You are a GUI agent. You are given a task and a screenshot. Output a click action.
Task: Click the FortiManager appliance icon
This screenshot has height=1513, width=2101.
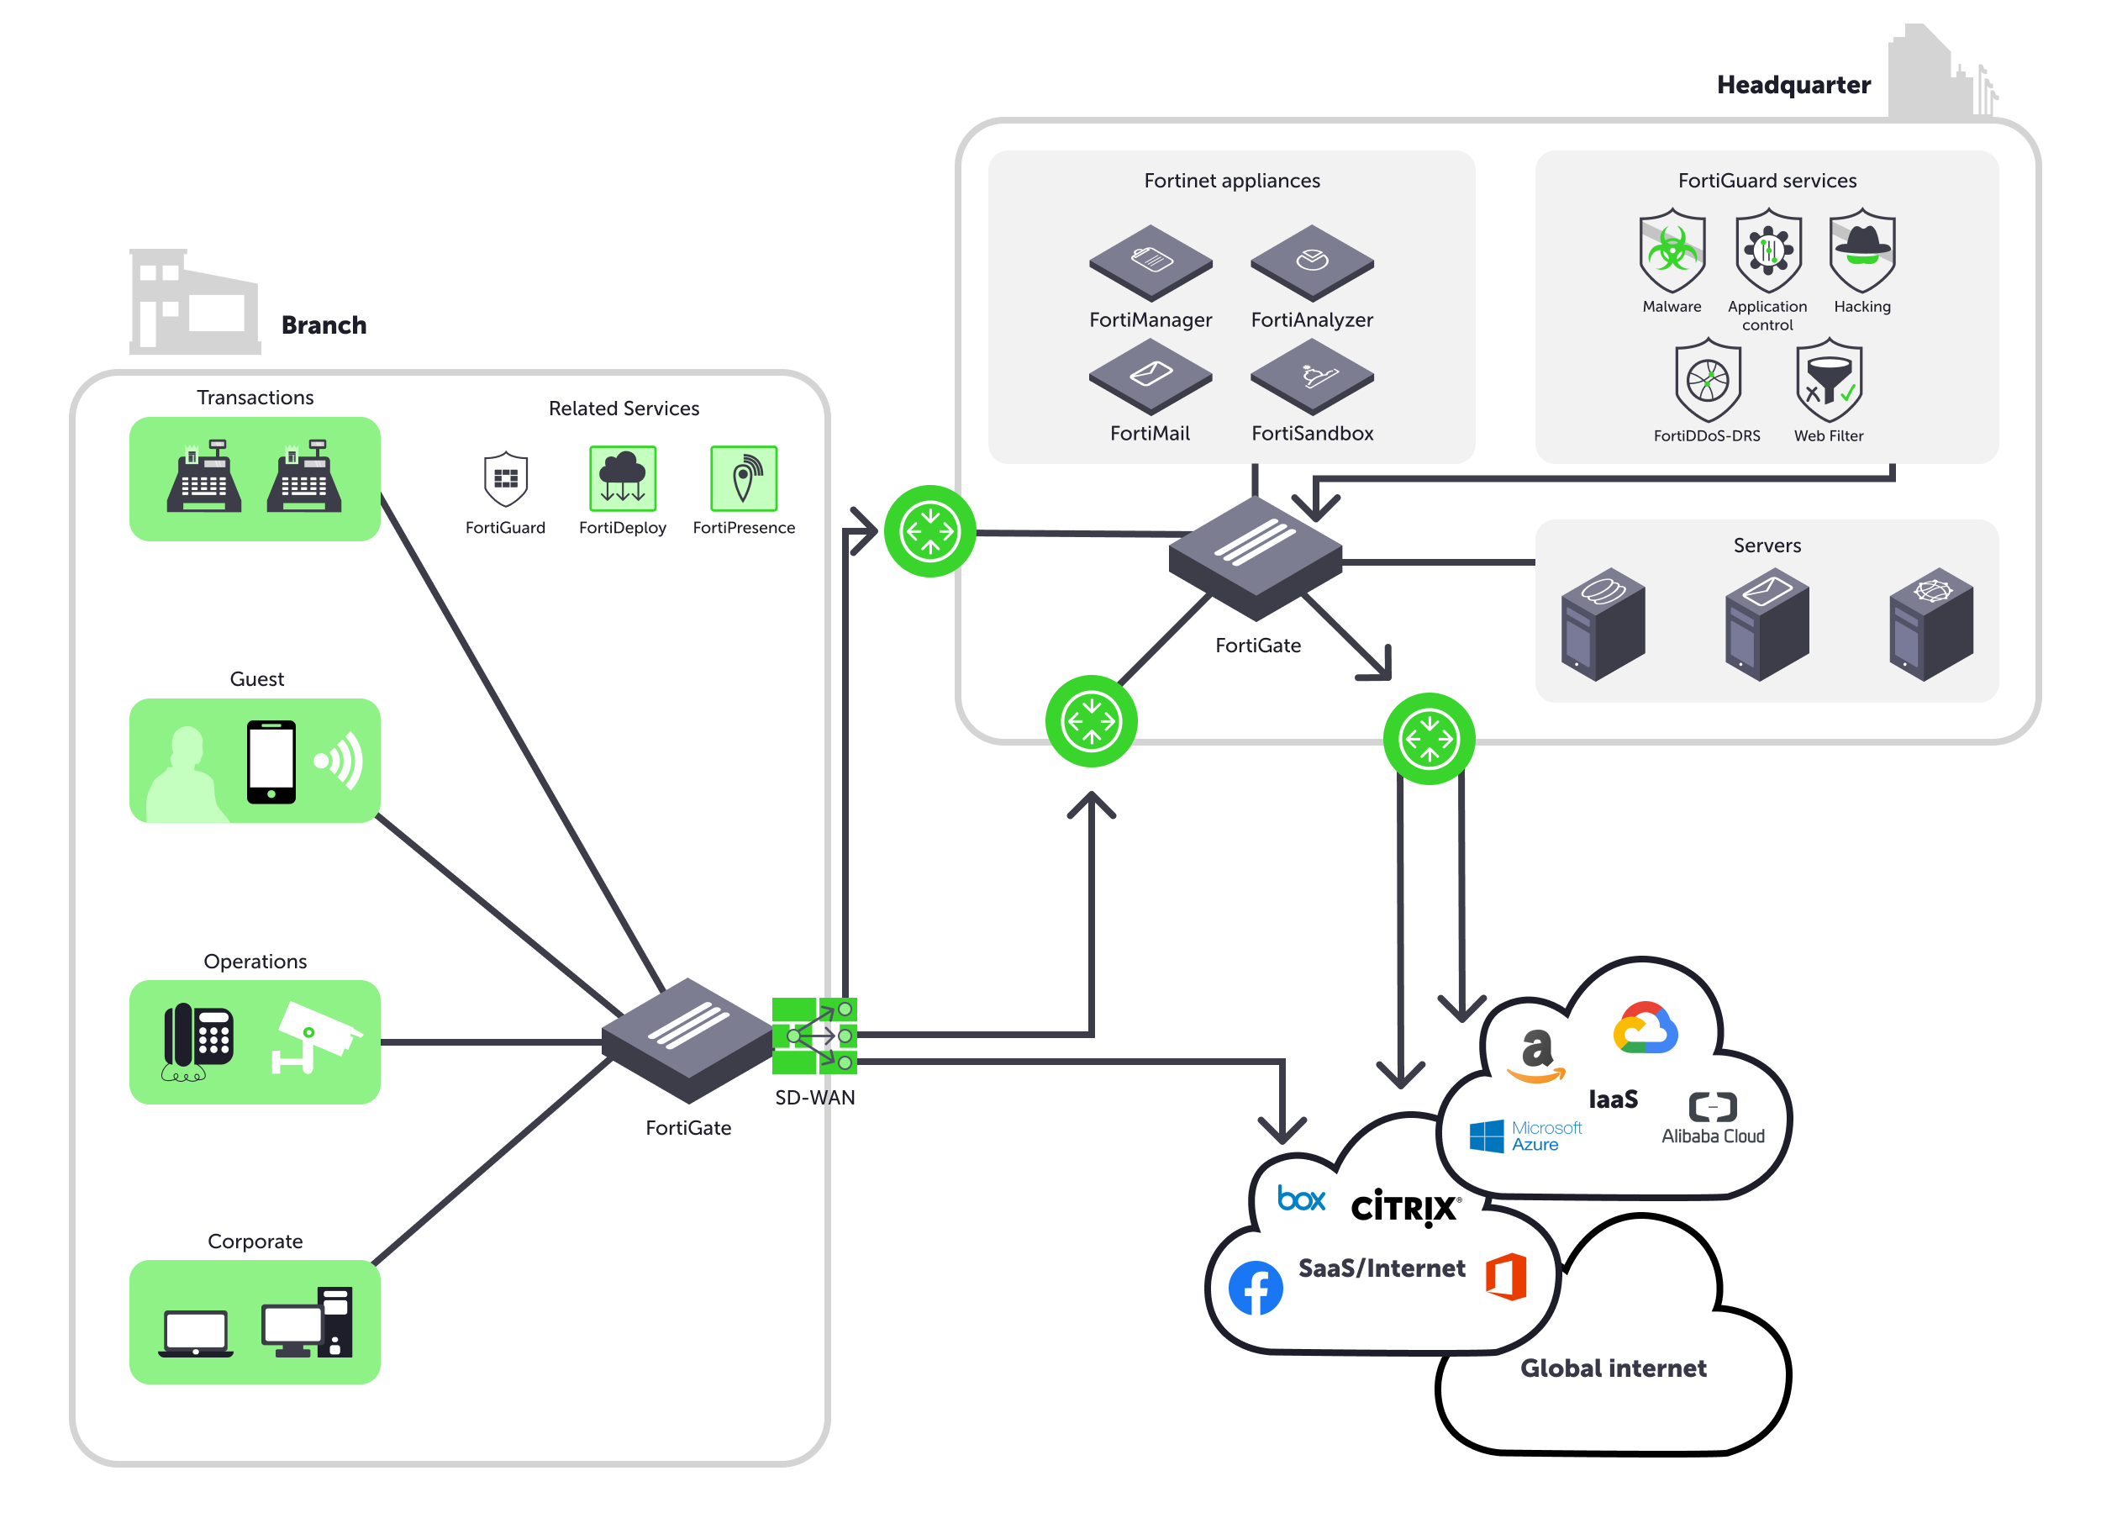point(1151,262)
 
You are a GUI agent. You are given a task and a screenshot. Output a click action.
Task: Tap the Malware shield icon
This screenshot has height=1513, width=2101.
point(1672,250)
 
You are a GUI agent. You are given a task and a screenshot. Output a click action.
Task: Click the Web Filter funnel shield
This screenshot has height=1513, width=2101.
point(1829,381)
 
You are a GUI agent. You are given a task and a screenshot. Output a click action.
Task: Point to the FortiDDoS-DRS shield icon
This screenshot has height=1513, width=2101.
point(1708,381)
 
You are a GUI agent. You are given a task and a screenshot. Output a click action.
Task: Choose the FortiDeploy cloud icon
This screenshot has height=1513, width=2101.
point(623,478)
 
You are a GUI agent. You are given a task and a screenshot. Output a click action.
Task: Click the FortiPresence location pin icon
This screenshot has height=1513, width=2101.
point(743,478)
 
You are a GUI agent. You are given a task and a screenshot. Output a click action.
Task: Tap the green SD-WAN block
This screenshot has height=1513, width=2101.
point(814,1036)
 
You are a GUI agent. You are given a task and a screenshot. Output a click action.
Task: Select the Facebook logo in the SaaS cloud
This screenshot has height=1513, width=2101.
point(1256,1288)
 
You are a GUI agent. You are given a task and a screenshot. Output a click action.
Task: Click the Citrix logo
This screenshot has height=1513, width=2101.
point(1405,1207)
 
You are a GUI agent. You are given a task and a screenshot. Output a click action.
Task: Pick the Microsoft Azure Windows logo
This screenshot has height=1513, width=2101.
point(1487,1136)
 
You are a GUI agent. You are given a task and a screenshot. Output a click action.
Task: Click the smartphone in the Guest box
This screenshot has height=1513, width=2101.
point(271,762)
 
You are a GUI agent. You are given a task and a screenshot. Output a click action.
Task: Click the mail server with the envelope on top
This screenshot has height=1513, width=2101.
point(1767,625)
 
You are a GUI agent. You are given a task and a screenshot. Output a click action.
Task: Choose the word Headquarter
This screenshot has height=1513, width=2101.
point(1793,85)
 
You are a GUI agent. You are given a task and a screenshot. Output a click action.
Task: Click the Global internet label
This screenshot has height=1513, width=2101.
point(1613,1368)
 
